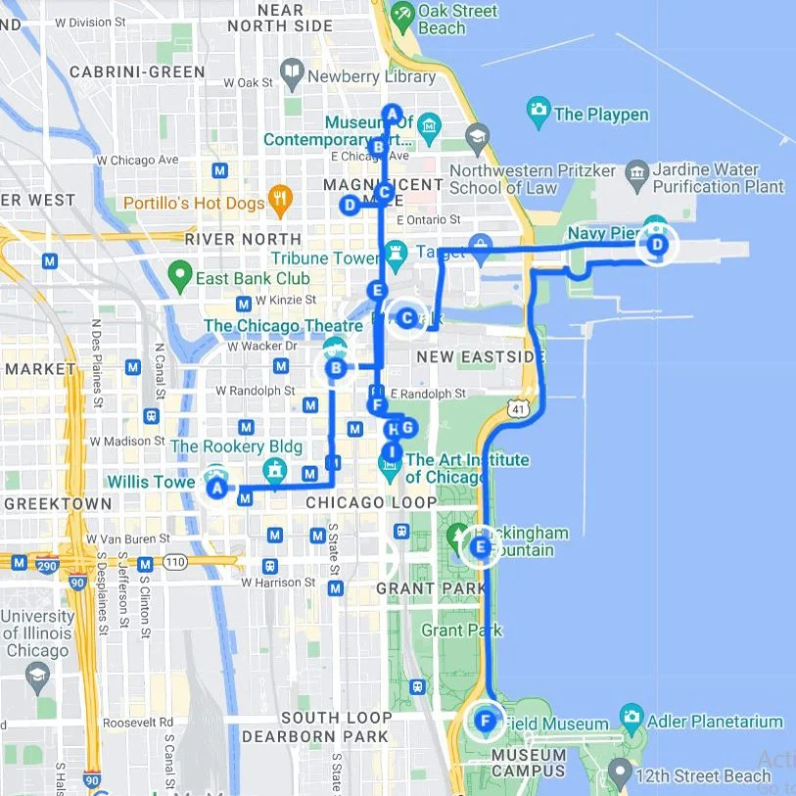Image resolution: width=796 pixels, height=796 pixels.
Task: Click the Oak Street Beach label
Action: click(x=457, y=20)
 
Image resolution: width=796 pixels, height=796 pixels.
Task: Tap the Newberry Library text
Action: click(x=371, y=76)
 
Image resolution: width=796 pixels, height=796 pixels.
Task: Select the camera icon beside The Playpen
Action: click(x=538, y=114)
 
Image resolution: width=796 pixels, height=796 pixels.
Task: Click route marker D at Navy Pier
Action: click(x=657, y=244)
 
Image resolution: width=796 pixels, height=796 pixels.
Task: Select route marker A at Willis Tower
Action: click(x=216, y=487)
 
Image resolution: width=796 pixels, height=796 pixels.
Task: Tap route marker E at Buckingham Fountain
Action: click(x=480, y=546)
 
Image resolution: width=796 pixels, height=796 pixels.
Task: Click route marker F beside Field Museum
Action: click(x=485, y=723)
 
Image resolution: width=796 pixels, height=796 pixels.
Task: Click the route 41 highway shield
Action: click(x=515, y=405)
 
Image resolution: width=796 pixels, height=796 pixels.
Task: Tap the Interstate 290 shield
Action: click(x=20, y=562)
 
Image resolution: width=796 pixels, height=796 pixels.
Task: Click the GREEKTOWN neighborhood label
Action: click(x=58, y=503)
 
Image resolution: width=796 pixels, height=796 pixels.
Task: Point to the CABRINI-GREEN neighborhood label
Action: click(x=137, y=71)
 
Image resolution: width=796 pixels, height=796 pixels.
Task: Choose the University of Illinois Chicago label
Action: click(x=37, y=633)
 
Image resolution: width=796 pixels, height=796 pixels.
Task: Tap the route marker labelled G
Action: click(x=408, y=427)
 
